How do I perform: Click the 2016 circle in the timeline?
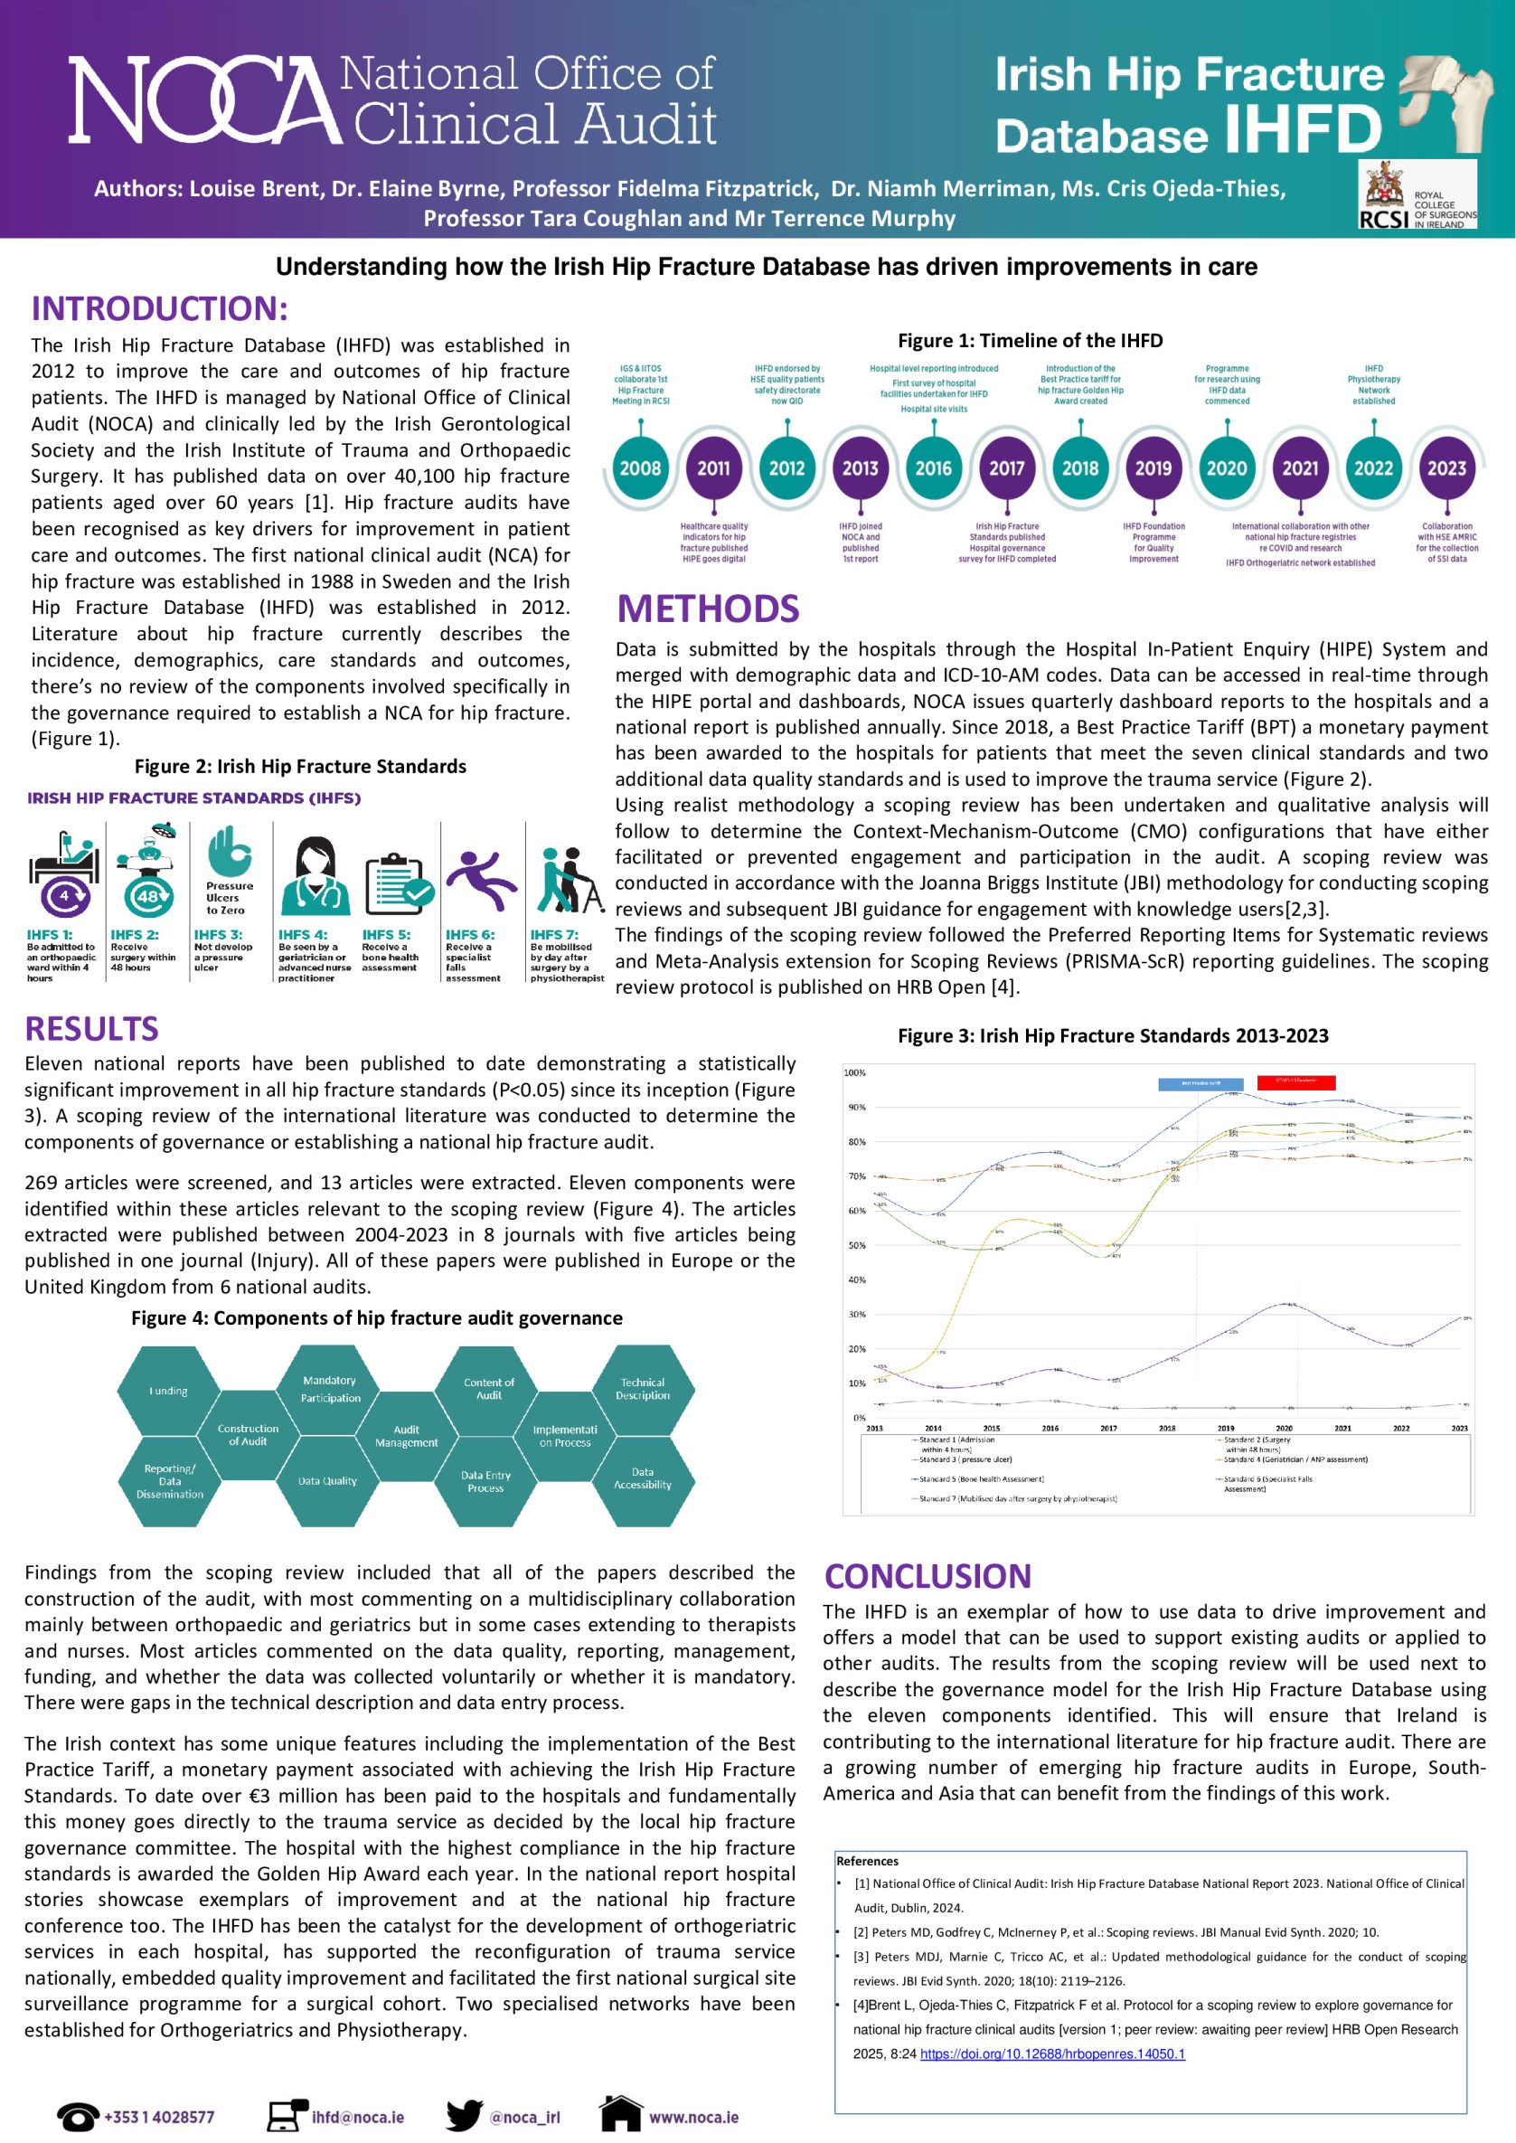click(x=934, y=467)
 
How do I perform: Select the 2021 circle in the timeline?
click(x=1299, y=467)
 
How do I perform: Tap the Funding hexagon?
click(x=169, y=1391)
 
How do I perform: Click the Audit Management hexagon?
click(x=406, y=1436)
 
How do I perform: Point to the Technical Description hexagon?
click(x=642, y=1389)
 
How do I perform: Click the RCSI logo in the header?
click(x=1417, y=195)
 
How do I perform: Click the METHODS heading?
click(x=708, y=609)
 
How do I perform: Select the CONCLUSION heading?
click(x=927, y=1576)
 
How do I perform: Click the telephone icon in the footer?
click(x=78, y=2115)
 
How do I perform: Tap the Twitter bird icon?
click(x=464, y=2115)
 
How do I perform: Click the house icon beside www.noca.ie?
click(x=620, y=2113)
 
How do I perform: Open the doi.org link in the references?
click(x=1052, y=2053)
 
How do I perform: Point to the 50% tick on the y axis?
click(x=856, y=1245)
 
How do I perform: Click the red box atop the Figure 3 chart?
click(x=1295, y=1082)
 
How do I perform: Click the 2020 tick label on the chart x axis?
click(x=1284, y=1428)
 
